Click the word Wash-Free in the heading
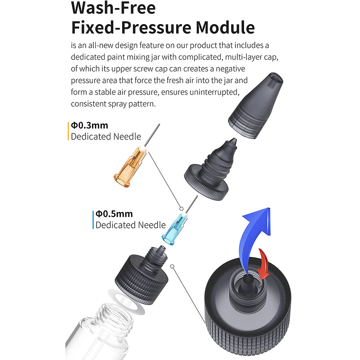[113, 8]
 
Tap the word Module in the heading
[225, 27]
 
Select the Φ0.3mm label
[90, 126]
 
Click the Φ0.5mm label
[114, 214]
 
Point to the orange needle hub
[130, 167]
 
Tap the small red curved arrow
[264, 264]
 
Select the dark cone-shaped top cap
[255, 105]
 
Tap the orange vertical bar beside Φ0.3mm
[68, 131]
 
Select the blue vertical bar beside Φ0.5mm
[93, 220]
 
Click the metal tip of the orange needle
[152, 135]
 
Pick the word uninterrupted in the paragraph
[215, 92]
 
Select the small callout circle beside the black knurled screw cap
[172, 266]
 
